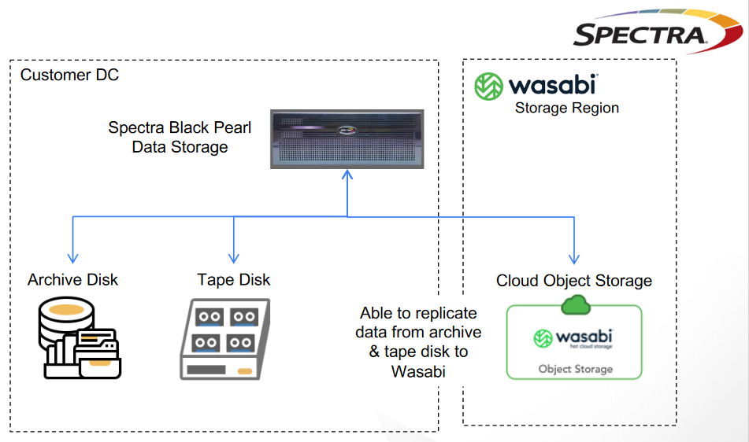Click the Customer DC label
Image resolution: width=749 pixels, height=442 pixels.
coord(69,76)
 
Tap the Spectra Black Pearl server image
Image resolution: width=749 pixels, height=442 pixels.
coord(347,138)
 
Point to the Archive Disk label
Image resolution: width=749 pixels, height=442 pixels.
coord(72,280)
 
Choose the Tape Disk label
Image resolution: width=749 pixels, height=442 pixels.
coord(233,280)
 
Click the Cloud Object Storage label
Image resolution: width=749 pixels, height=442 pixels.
coord(574,281)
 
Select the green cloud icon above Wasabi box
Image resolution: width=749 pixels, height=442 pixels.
coord(576,305)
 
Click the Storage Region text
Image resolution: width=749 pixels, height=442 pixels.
coord(566,109)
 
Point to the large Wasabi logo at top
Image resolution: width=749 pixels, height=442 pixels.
coord(536,86)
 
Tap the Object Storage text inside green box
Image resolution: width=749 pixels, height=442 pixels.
coord(575,369)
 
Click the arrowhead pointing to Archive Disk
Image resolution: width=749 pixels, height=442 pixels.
coord(72,258)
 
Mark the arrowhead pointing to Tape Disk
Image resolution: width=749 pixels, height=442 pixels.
coord(233,258)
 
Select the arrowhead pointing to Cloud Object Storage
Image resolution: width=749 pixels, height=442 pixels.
coord(574,258)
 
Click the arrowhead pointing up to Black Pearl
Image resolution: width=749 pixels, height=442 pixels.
coord(347,175)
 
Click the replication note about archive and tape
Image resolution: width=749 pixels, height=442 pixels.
coord(419,341)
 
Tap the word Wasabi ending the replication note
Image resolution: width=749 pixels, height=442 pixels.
coord(418,371)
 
